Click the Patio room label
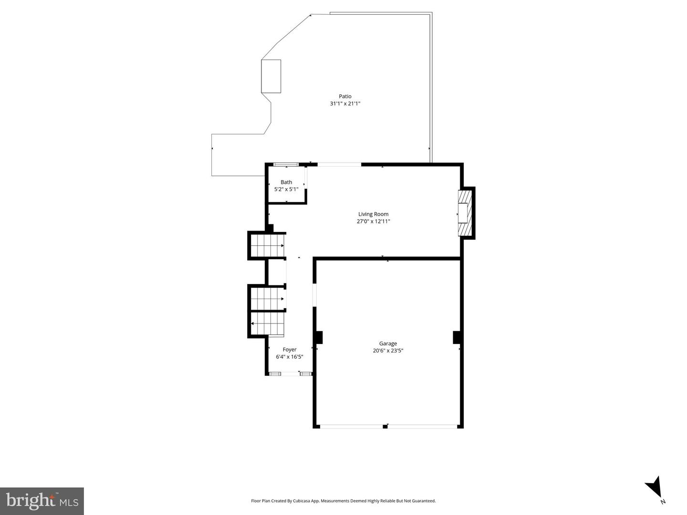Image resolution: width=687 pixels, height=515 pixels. coord(345,96)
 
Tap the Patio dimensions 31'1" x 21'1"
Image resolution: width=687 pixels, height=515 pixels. coord(345,103)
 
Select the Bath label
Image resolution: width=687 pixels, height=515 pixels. coord(286,182)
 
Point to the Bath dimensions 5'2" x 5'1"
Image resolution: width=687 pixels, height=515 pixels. coord(286,189)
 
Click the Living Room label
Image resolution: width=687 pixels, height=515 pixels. coord(373,214)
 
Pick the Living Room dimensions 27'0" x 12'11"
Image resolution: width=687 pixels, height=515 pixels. coord(373,221)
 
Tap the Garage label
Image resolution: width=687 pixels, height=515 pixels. coord(388,343)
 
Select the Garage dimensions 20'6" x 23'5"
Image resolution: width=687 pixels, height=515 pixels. coord(388,351)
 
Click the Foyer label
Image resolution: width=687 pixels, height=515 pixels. coord(290,350)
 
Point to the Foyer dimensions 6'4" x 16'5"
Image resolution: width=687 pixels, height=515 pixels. coord(290,357)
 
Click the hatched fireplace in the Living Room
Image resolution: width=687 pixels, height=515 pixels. coord(465,213)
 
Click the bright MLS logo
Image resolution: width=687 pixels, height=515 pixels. coord(42,501)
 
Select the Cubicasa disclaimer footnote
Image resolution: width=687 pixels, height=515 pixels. coord(343,501)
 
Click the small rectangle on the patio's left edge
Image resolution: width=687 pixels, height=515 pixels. coord(271,76)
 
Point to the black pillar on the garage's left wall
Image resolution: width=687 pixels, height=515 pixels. coord(319,337)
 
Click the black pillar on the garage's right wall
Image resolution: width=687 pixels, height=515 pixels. coord(457,337)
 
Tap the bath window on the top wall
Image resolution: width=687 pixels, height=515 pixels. coord(286,165)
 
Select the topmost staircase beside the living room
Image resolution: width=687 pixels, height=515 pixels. coord(267,246)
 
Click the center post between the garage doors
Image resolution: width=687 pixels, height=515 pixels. coord(385,426)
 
